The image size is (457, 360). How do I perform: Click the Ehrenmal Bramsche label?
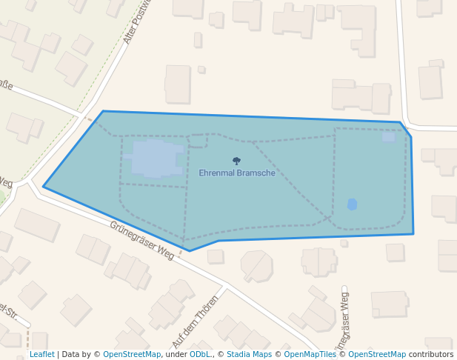coord(237,173)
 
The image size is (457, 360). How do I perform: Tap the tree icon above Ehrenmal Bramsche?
coord(237,161)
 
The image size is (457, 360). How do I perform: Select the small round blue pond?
coord(352,204)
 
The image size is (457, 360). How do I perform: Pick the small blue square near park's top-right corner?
coord(389,137)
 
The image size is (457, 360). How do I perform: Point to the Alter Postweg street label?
coord(137,22)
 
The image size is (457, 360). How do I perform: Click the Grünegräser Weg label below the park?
coord(141,240)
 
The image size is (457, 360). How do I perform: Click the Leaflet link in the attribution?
coord(41,355)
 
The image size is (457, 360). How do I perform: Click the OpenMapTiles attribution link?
coord(310,355)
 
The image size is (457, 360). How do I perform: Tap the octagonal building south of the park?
coord(257,265)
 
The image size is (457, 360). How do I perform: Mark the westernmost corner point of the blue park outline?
coord(44,187)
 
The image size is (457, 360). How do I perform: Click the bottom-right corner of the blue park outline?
coord(413,234)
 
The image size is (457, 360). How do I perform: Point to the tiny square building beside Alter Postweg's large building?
coord(201,70)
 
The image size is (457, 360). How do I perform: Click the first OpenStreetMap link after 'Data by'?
coord(132,355)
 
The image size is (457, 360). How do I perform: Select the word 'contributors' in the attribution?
coord(431,355)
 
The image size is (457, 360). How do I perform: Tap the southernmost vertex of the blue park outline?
coord(190,251)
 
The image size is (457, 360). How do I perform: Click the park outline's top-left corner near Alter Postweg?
coord(103,111)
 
